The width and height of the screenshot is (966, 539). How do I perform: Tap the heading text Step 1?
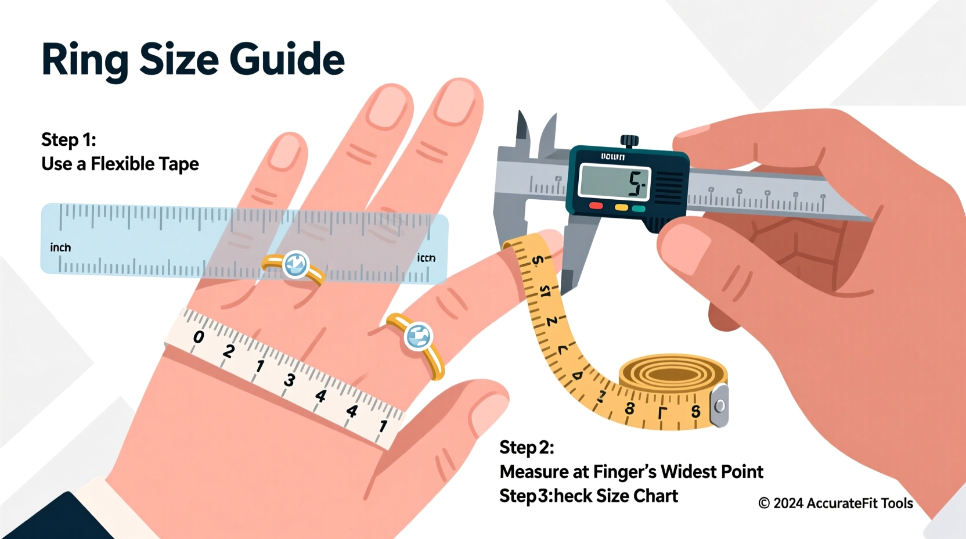tap(69, 140)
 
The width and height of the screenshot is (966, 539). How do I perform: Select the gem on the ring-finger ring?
tap(295, 265)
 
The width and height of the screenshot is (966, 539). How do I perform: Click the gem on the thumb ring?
tap(419, 336)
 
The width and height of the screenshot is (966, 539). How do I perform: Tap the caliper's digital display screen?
tap(614, 182)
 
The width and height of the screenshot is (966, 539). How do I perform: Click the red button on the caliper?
tap(596, 206)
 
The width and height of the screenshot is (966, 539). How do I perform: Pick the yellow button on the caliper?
tap(621, 207)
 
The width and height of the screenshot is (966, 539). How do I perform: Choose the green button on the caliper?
tap(639, 209)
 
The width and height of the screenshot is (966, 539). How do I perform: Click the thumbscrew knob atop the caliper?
tap(629, 141)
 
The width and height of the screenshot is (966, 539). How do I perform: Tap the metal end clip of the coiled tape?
tap(720, 405)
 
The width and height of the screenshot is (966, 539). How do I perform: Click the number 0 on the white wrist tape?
tap(199, 337)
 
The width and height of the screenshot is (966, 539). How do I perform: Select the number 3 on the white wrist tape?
tap(289, 380)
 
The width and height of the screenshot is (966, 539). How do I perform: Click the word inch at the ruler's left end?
tap(60, 248)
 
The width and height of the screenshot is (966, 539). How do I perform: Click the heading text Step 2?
tap(527, 448)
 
